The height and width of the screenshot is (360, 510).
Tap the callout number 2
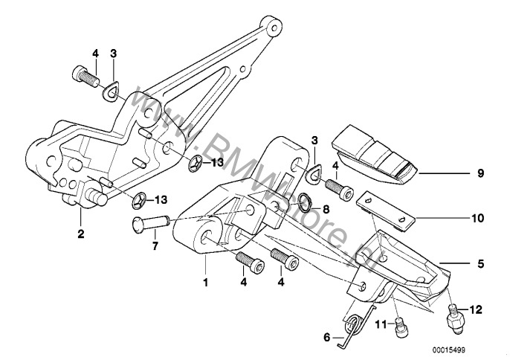[x=80, y=234]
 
